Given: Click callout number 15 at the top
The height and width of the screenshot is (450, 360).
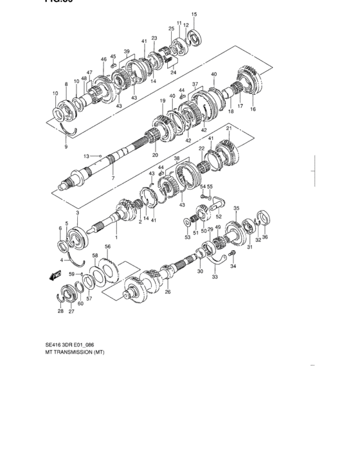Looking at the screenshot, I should tap(194, 14).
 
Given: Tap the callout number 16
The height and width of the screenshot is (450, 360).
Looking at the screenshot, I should tap(253, 110).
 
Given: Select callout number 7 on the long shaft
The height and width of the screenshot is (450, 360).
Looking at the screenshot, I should tap(113, 178).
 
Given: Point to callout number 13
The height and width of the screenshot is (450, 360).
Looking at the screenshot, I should tap(86, 156).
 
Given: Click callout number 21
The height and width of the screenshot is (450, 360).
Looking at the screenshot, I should tap(228, 129).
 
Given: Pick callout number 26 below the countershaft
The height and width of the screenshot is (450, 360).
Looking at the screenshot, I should tap(168, 291).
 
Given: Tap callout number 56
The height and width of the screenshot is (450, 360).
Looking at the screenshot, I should tap(108, 246).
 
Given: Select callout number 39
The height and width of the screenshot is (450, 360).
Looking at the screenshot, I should tap(127, 51).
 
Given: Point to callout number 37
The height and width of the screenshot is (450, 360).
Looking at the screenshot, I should tap(195, 84).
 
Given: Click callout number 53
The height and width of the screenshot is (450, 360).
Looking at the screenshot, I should tap(188, 237).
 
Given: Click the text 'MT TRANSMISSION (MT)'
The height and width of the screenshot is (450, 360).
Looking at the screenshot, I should tap(75, 353).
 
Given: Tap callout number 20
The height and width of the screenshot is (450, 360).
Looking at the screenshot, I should tap(154, 155).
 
